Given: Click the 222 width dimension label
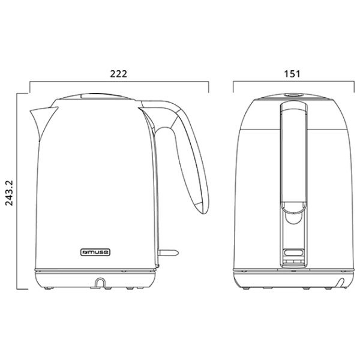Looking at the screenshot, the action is [118, 74].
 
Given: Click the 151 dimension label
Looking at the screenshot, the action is [292, 74].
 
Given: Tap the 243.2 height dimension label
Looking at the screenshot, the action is [10, 193].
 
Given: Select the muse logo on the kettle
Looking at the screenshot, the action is [95, 253].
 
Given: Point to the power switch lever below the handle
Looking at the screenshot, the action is [168, 253].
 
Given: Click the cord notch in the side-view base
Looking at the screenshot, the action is [100, 282].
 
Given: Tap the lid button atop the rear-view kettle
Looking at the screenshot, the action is [293, 95].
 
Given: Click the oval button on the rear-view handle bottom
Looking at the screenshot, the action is [293, 253].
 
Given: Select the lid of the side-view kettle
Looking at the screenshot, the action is [95, 97].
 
